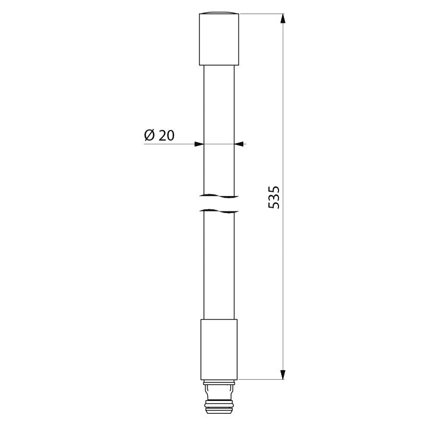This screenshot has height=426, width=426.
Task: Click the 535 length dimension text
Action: tap(274, 197)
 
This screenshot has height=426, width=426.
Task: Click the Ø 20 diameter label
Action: tap(159, 135)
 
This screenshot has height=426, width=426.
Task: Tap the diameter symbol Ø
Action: tap(149, 135)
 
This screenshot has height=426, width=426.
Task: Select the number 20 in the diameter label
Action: tap(167, 135)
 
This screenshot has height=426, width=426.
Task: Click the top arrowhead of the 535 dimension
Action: tap(283, 19)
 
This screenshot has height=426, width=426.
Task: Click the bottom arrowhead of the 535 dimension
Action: tap(283, 374)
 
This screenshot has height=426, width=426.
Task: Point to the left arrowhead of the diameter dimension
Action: tap(199, 144)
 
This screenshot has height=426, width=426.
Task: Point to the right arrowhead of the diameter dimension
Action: tap(239, 144)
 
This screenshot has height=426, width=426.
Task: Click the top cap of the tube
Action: tap(219, 39)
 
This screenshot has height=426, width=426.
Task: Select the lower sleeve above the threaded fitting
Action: tap(219, 349)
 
